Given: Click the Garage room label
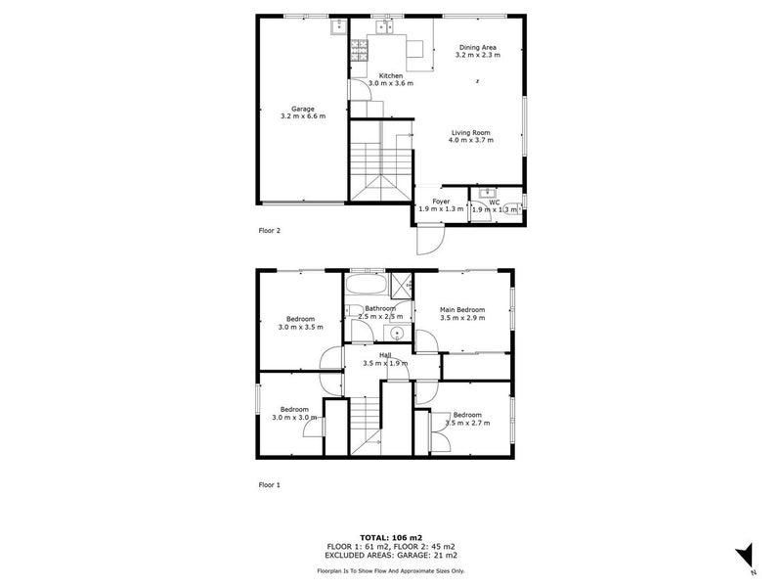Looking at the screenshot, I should pos(302,109).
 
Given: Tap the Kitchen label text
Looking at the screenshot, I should pos(391,75).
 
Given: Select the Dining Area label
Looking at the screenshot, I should pos(478,47).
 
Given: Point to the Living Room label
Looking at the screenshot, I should pos(470,132).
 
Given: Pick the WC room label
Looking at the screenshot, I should pos(495,202).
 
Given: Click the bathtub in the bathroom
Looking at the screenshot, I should pos(367,287).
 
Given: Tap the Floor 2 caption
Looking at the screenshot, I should pos(269,231).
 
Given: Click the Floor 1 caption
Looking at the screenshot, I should pos(269,484).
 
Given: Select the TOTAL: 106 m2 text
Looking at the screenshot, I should pos(390,537).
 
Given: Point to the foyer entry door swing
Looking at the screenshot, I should pos(430,239).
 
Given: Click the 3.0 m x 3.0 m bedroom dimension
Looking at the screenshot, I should pos(295,418).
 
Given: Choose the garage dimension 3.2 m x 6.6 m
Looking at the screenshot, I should pos(302,116).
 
